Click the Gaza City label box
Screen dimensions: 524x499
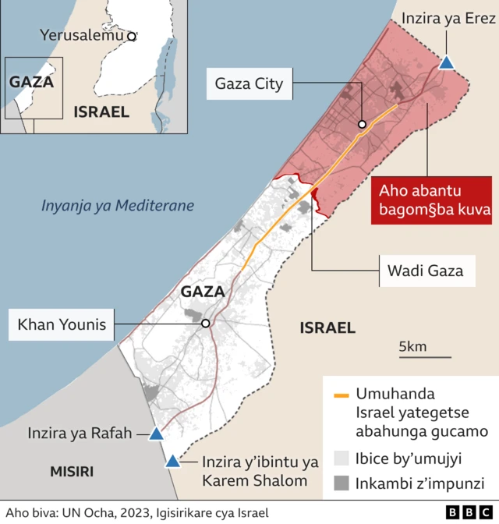[248, 83]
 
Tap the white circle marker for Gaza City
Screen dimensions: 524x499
[363, 124]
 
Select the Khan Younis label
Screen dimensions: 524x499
[62, 324]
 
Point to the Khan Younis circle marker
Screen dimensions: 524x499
[206, 324]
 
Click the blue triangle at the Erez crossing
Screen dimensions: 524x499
[446, 63]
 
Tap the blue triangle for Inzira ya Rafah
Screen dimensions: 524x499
[156, 434]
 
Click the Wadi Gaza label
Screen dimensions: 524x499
[425, 271]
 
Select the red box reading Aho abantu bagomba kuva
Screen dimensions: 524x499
[431, 200]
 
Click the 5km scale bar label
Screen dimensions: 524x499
[412, 346]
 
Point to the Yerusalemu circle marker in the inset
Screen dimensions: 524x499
[132, 36]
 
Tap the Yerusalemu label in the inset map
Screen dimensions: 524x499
[83, 35]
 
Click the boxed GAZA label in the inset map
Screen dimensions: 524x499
[32, 82]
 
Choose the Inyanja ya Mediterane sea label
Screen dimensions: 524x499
[117, 206]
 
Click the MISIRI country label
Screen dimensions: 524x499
[72, 471]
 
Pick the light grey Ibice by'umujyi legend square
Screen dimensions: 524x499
[341, 458]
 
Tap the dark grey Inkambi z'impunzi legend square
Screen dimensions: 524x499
[341, 483]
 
